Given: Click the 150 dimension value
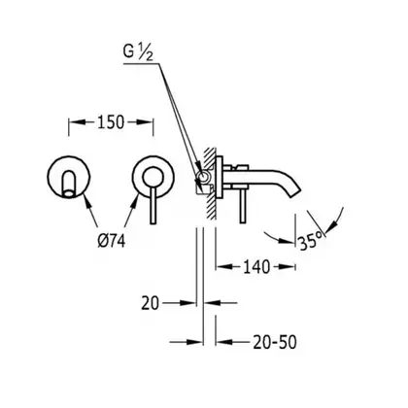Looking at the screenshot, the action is (x=111, y=122).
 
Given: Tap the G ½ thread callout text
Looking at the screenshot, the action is (x=138, y=53).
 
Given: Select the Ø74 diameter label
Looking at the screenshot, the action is (x=111, y=241).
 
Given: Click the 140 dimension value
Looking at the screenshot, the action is (x=256, y=267).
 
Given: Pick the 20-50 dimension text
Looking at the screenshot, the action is (x=275, y=342).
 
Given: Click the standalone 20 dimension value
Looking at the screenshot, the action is (x=150, y=303).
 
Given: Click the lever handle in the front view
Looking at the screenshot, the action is (x=153, y=204).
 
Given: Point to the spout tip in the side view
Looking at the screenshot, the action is (x=295, y=192).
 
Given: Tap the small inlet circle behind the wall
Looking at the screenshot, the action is (x=204, y=177).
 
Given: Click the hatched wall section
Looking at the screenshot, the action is (x=210, y=184).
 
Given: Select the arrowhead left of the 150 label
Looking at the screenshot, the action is (x=78, y=122).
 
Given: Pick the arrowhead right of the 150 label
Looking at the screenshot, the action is (x=145, y=122).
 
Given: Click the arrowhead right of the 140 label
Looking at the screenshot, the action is (x=288, y=267).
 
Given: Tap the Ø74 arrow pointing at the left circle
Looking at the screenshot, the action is (x=90, y=209).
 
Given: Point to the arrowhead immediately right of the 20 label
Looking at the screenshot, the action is (x=188, y=303).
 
